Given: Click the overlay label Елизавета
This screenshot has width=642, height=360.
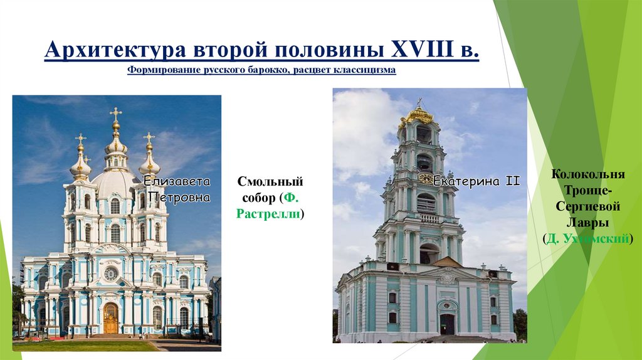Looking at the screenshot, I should [177, 183].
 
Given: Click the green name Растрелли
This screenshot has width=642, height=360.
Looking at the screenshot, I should [268, 214].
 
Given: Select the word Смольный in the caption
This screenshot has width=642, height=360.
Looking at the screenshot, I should [271, 182].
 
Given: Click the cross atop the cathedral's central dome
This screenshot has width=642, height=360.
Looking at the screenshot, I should [115, 114].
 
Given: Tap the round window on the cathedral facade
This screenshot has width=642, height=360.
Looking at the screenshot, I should [110, 273].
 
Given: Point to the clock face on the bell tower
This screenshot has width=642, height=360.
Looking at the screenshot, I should [425, 178].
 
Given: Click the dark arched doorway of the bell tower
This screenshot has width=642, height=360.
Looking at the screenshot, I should [447, 324].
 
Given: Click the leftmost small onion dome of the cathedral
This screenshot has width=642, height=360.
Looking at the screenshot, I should [80, 164].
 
